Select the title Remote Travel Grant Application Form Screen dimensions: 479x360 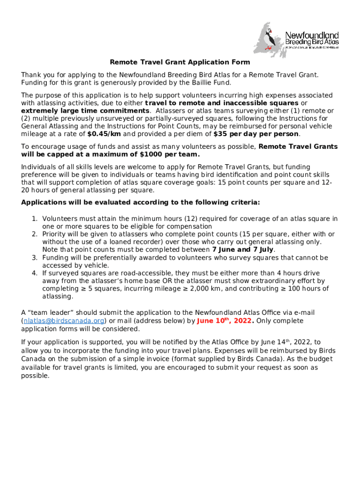click(x=180, y=62)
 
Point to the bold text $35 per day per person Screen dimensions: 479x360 click(x=256, y=134)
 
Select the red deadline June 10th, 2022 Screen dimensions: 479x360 click(x=225, y=321)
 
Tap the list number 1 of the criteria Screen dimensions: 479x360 click(x=34, y=218)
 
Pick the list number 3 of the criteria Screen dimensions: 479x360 click(x=34, y=258)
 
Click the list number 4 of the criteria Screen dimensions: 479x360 click(x=34, y=273)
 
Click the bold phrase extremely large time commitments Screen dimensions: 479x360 click(x=86, y=110)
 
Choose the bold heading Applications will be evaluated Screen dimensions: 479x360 click(x=140, y=203)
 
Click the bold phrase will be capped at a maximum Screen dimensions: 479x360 click(x=110, y=154)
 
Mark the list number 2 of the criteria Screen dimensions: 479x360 click(x=34, y=234)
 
